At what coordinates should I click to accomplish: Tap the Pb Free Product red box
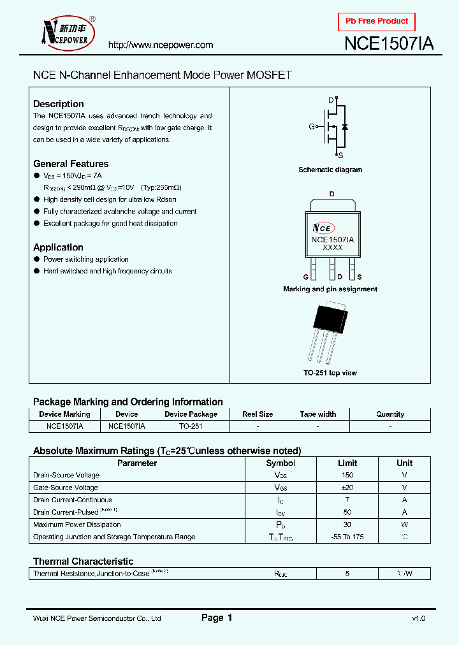coord(377,21)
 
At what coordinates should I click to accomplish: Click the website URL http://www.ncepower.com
coord(160,45)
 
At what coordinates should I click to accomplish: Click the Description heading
coord(59,104)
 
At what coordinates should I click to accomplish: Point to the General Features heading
coord(71,164)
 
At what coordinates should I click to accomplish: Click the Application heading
coord(58,247)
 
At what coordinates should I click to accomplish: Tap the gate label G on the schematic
coord(312,127)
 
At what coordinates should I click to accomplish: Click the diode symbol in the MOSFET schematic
coord(344,127)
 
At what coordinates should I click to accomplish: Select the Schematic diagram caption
coord(330,170)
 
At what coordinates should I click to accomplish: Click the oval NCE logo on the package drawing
coord(323,228)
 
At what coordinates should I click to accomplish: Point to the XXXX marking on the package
coord(332,247)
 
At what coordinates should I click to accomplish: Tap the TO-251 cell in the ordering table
coord(191,426)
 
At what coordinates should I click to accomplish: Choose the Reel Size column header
coord(258,414)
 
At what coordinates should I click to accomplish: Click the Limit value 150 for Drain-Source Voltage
coord(347,475)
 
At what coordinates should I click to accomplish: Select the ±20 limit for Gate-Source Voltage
coord(347,488)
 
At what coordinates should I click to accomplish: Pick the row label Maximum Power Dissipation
coord(77,525)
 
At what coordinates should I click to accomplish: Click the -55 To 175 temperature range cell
coord(347,537)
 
